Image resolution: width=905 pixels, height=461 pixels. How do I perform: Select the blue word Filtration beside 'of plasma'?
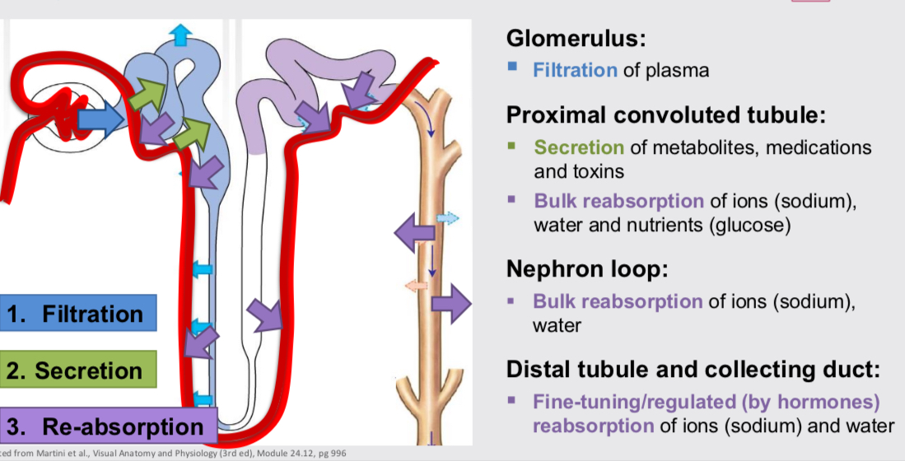(x=574, y=70)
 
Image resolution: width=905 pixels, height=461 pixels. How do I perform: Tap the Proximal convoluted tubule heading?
(x=665, y=115)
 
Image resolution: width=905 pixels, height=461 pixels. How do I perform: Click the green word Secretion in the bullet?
(x=579, y=147)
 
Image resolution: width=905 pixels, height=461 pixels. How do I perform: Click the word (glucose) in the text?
(x=749, y=225)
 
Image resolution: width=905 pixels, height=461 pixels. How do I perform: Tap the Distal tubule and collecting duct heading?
(x=693, y=369)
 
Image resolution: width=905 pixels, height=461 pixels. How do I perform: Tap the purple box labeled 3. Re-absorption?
(x=107, y=426)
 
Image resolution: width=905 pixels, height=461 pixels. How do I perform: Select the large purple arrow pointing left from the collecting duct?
(x=414, y=234)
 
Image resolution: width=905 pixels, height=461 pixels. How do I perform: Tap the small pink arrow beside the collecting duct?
(x=415, y=285)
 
